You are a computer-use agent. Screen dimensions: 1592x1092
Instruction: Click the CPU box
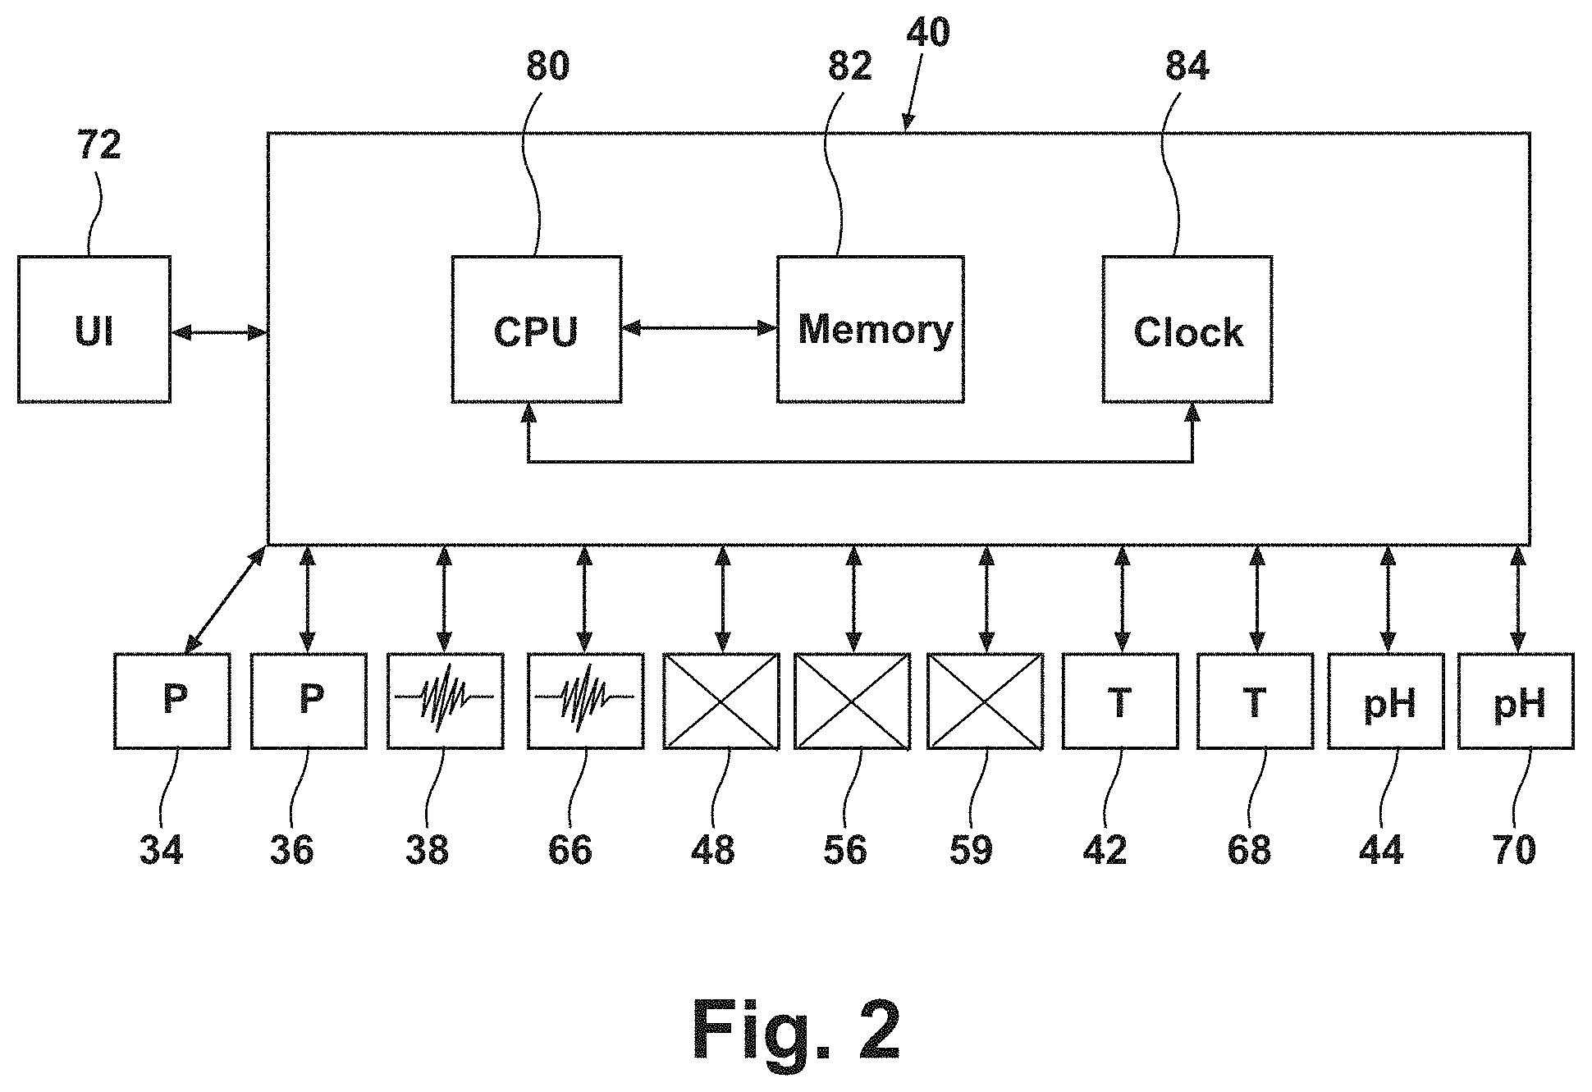pos(536,329)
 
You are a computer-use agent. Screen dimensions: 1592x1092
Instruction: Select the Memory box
pos(871,329)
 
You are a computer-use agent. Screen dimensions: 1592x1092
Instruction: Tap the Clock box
pos(1187,329)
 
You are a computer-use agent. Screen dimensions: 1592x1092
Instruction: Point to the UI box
pos(94,329)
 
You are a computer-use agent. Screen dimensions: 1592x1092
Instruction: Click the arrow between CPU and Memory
pos(699,328)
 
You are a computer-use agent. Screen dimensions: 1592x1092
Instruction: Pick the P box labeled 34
pos(172,701)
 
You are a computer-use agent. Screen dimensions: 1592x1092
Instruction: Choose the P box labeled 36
pos(309,701)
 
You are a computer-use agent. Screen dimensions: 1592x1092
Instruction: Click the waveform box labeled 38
pos(446,701)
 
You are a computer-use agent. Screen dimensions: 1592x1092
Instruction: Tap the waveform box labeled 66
pos(585,701)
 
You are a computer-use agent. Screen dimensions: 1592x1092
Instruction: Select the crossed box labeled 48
pos(721,701)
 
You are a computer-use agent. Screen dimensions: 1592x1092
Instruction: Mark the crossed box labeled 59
pos(986,701)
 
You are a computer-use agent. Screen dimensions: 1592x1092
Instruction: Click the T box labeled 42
pos(1120,701)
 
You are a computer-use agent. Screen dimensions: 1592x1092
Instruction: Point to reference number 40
pos(928,32)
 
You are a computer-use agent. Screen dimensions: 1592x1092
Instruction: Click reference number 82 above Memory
pos(850,66)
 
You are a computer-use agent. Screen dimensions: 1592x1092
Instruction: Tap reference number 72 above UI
pos(99,144)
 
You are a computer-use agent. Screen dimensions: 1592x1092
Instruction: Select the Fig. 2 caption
pos(796,1030)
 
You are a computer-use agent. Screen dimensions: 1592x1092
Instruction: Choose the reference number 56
pos(845,849)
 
